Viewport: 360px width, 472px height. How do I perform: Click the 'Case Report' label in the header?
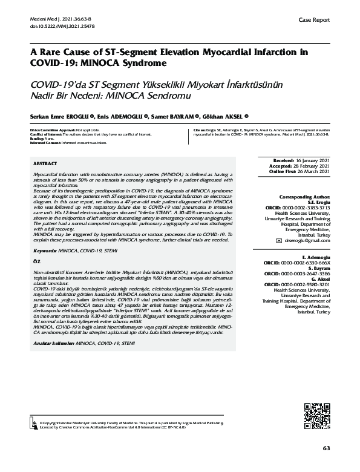315,20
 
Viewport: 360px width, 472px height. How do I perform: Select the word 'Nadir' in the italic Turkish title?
45,95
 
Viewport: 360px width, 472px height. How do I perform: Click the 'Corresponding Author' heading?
304,197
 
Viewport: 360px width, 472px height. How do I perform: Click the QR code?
316,414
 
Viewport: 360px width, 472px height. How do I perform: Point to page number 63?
326,448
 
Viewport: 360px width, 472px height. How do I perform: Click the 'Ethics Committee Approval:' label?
53,131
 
